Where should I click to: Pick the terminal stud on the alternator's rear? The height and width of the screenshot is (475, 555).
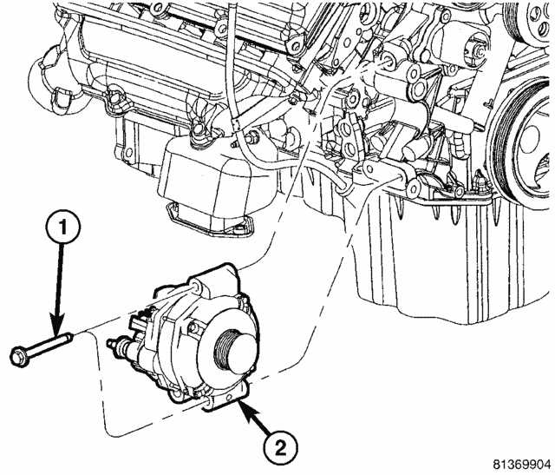coord(112,347)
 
